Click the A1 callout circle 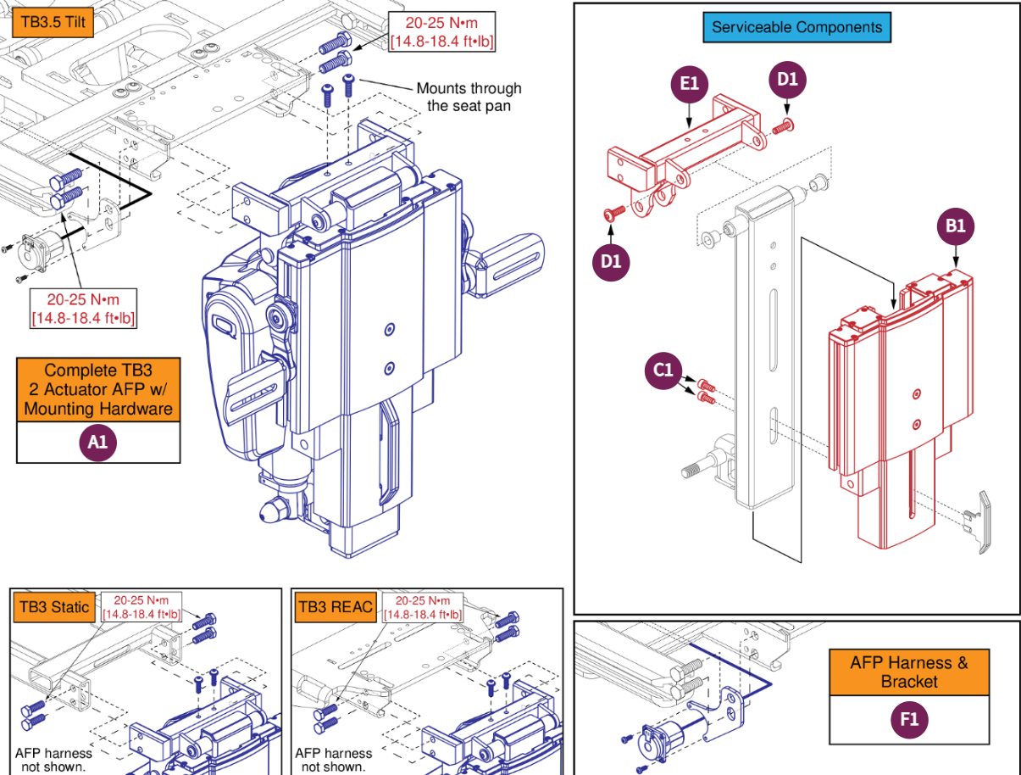click(x=98, y=442)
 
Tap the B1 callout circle click(x=956, y=226)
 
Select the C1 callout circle click(x=663, y=371)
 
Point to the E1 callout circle click(x=689, y=83)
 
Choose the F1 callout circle click(x=908, y=720)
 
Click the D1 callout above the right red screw click(x=788, y=80)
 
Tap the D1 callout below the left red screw click(x=611, y=261)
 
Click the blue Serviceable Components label click(x=796, y=27)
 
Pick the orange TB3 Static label click(x=53, y=606)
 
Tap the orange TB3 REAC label click(x=335, y=606)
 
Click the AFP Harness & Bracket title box click(x=908, y=672)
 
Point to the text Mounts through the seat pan click(x=469, y=97)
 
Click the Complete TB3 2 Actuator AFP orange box click(x=98, y=389)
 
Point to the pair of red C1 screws click(x=706, y=392)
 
